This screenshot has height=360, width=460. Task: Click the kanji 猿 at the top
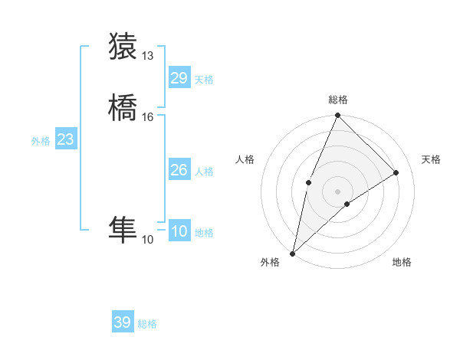click(123, 47)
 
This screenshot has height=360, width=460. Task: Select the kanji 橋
click(123, 108)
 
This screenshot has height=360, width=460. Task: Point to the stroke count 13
click(148, 56)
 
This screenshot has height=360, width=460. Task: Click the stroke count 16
click(148, 117)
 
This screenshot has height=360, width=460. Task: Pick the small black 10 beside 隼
click(148, 240)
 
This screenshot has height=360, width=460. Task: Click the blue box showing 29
click(179, 78)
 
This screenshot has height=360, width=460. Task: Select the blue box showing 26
click(179, 170)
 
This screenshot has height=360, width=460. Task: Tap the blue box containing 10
click(179, 231)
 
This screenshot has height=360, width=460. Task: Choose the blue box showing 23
click(65, 139)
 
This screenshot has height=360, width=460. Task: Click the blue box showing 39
click(123, 322)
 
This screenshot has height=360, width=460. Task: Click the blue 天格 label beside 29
click(204, 80)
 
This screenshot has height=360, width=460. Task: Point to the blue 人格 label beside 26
click(204, 172)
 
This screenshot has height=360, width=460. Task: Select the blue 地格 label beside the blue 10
click(204, 233)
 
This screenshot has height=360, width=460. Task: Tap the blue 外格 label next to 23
click(41, 141)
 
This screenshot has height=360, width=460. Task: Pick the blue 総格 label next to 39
click(148, 324)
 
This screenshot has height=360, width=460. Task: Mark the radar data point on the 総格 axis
click(337, 116)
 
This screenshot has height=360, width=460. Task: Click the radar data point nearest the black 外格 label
click(292, 253)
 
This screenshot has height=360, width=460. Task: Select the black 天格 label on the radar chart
click(432, 159)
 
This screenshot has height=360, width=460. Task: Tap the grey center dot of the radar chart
click(337, 191)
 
